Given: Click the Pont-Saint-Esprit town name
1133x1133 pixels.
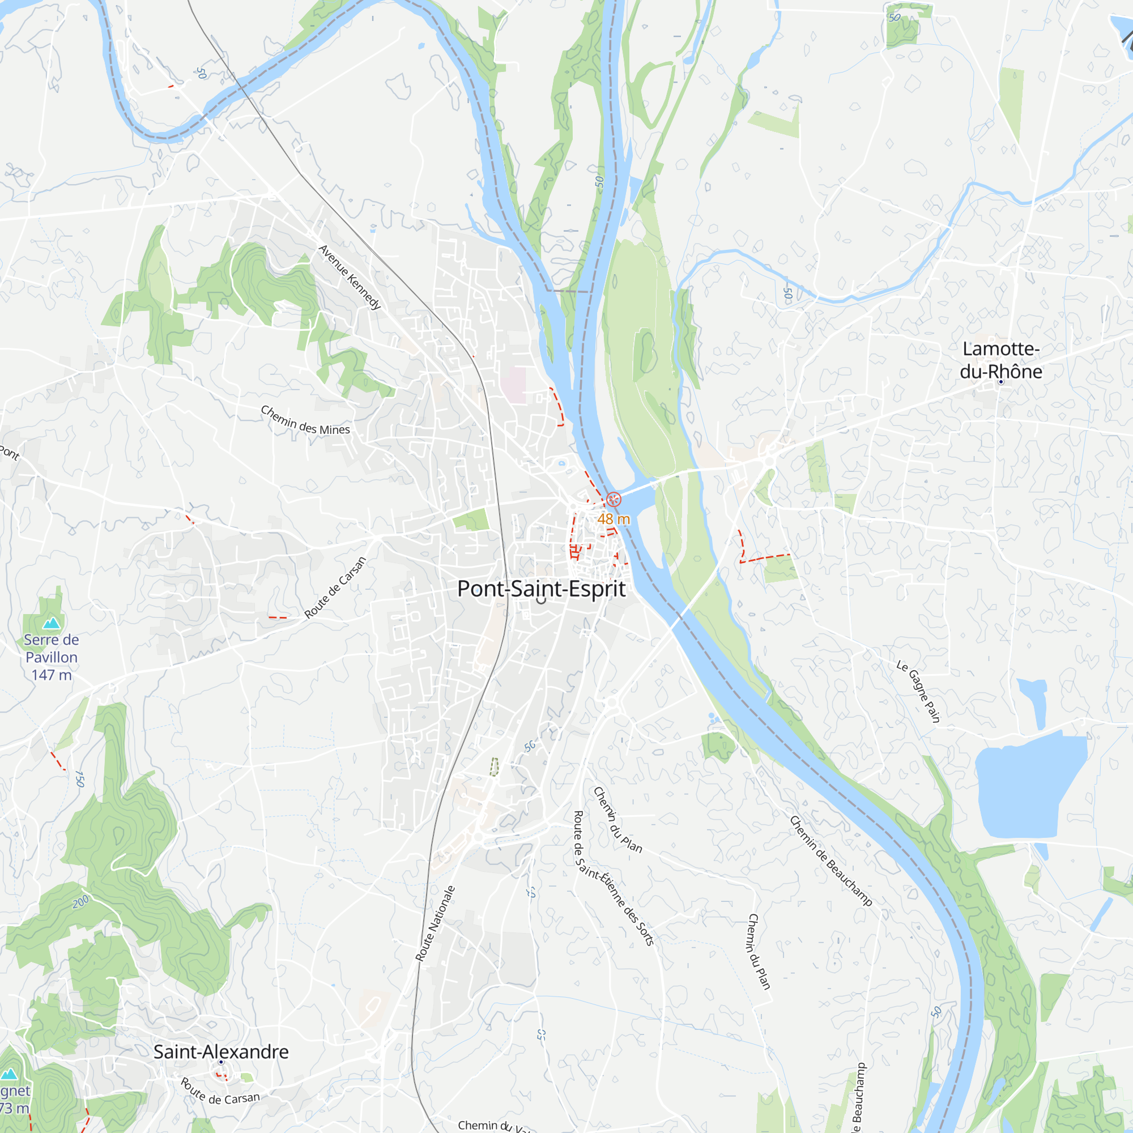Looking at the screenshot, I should click(x=541, y=589).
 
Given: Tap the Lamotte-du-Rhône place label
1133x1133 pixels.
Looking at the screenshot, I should click(x=1001, y=360).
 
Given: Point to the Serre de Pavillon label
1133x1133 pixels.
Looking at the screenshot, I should click(x=52, y=648).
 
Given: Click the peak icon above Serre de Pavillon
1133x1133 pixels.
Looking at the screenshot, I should click(x=52, y=622).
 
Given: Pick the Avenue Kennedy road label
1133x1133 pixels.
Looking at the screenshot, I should click(x=350, y=277).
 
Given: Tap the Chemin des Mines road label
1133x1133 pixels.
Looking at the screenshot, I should click(x=305, y=420).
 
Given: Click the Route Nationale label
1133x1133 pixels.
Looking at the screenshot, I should click(x=435, y=923).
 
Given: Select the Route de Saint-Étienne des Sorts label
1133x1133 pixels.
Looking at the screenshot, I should click(x=612, y=878).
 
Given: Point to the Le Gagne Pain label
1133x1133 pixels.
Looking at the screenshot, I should click(x=918, y=691).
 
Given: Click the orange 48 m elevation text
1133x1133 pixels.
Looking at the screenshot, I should click(x=614, y=519).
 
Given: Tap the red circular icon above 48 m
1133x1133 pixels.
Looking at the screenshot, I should click(x=614, y=499).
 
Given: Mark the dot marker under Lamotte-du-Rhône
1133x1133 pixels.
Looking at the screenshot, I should click(x=1001, y=382).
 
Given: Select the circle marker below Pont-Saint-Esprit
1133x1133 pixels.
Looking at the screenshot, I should click(x=541, y=600).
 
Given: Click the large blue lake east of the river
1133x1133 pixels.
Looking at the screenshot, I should click(x=1023, y=789).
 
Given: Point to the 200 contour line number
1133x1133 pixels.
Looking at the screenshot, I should click(x=81, y=901).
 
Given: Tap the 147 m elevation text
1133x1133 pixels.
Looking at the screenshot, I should click(x=52, y=675).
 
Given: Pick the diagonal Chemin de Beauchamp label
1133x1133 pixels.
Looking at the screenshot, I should click(x=831, y=861).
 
